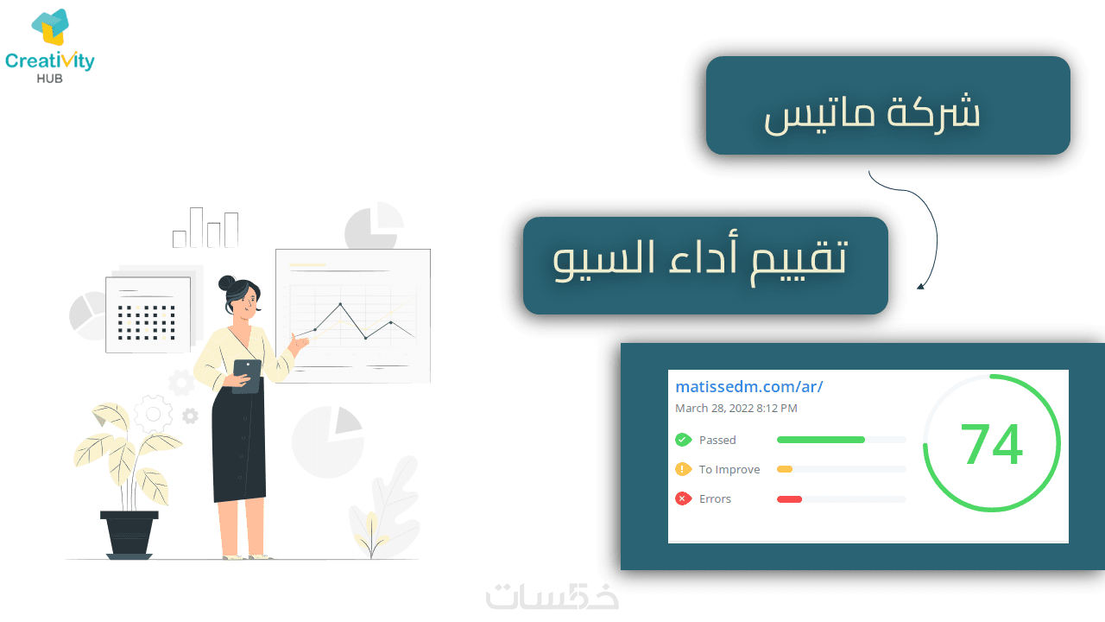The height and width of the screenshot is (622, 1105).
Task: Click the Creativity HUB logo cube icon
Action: pyautogui.click(x=50, y=27)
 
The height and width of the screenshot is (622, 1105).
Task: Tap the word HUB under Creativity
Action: pyautogui.click(x=50, y=79)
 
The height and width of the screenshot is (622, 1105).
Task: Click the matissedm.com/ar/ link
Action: pyautogui.click(x=748, y=386)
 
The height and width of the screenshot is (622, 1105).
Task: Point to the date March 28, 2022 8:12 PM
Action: pyautogui.click(x=736, y=409)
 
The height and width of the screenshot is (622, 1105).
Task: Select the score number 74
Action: pyautogui.click(x=992, y=444)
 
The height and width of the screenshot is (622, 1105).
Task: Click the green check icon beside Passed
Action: pyautogui.click(x=683, y=440)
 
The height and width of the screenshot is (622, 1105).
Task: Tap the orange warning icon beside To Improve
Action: pyautogui.click(x=683, y=469)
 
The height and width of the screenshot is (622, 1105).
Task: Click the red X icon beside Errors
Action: pyautogui.click(x=683, y=498)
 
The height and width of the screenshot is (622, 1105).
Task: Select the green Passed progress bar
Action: pyautogui.click(x=821, y=440)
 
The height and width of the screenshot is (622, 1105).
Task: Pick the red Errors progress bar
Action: pyautogui.click(x=789, y=499)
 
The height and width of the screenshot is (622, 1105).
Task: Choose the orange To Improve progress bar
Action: pyautogui.click(x=785, y=469)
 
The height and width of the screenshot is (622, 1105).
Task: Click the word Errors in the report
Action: pyautogui.click(x=715, y=499)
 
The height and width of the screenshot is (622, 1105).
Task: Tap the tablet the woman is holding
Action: pyautogui.click(x=247, y=376)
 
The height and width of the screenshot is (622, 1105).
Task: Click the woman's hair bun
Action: pyautogui.click(x=227, y=283)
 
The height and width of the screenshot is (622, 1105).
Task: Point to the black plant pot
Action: pyautogui.click(x=129, y=535)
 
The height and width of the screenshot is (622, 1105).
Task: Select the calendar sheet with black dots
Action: pyautogui.click(x=148, y=315)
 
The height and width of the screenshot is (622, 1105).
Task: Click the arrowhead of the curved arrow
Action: pyautogui.click(x=920, y=286)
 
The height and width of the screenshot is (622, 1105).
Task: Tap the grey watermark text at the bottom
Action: pyautogui.click(x=552, y=596)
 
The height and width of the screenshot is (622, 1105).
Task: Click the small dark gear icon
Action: pyautogui.click(x=190, y=416)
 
